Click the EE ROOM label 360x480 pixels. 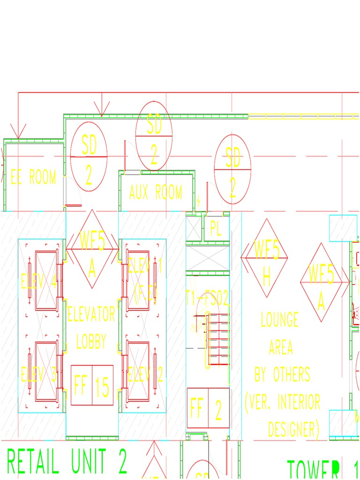[33, 177]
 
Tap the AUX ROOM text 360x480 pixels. [156, 192]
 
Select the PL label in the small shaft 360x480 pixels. [216, 229]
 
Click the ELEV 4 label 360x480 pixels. [39, 282]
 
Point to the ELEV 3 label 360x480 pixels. [39, 375]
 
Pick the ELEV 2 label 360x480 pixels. [145, 375]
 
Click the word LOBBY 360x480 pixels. [91, 341]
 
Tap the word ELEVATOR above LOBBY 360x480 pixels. [91, 314]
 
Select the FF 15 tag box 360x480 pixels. [92, 385]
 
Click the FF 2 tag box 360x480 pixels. [208, 408]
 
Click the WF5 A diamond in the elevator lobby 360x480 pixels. [92, 249]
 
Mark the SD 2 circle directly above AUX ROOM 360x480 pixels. [154, 136]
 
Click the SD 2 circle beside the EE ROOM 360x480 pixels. [89, 157]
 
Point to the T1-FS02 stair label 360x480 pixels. [207, 297]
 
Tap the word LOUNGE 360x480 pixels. [280, 320]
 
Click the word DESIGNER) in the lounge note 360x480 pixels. [293, 429]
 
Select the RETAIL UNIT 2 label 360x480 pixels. [67, 462]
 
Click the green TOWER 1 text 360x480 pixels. [323, 470]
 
